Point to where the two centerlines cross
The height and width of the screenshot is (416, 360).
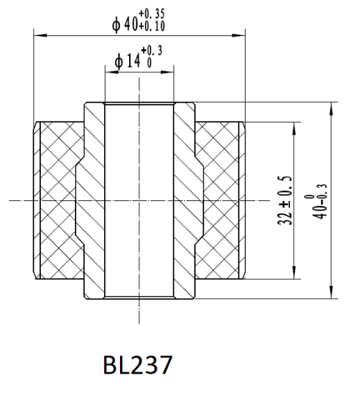(139, 202)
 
